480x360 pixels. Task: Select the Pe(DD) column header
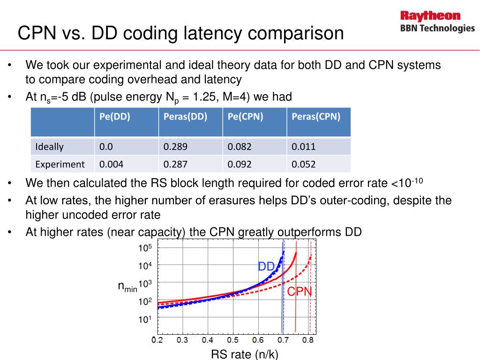pyautogui.click(x=114, y=117)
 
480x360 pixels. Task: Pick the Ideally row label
pyautogui.click(x=49, y=147)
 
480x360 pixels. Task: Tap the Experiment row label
pyautogui.click(x=60, y=164)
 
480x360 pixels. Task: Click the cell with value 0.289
pyautogui.click(x=175, y=147)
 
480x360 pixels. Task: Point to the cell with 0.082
pyautogui.click(x=240, y=147)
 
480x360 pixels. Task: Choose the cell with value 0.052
pyautogui.click(x=303, y=164)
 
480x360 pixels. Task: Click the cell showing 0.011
pyautogui.click(x=303, y=147)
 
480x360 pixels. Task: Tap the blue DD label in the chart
pyautogui.click(x=266, y=267)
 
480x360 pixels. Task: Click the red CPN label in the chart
pyautogui.click(x=300, y=292)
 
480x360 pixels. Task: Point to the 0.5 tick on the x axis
pyautogui.click(x=232, y=340)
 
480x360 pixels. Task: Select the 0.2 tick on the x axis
pyautogui.click(x=157, y=340)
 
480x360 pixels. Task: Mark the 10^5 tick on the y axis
pyautogui.click(x=144, y=248)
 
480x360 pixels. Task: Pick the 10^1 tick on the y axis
pyautogui.click(x=144, y=320)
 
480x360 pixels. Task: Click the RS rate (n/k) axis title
pyautogui.click(x=245, y=354)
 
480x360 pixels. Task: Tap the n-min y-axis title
pyautogui.click(x=127, y=287)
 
